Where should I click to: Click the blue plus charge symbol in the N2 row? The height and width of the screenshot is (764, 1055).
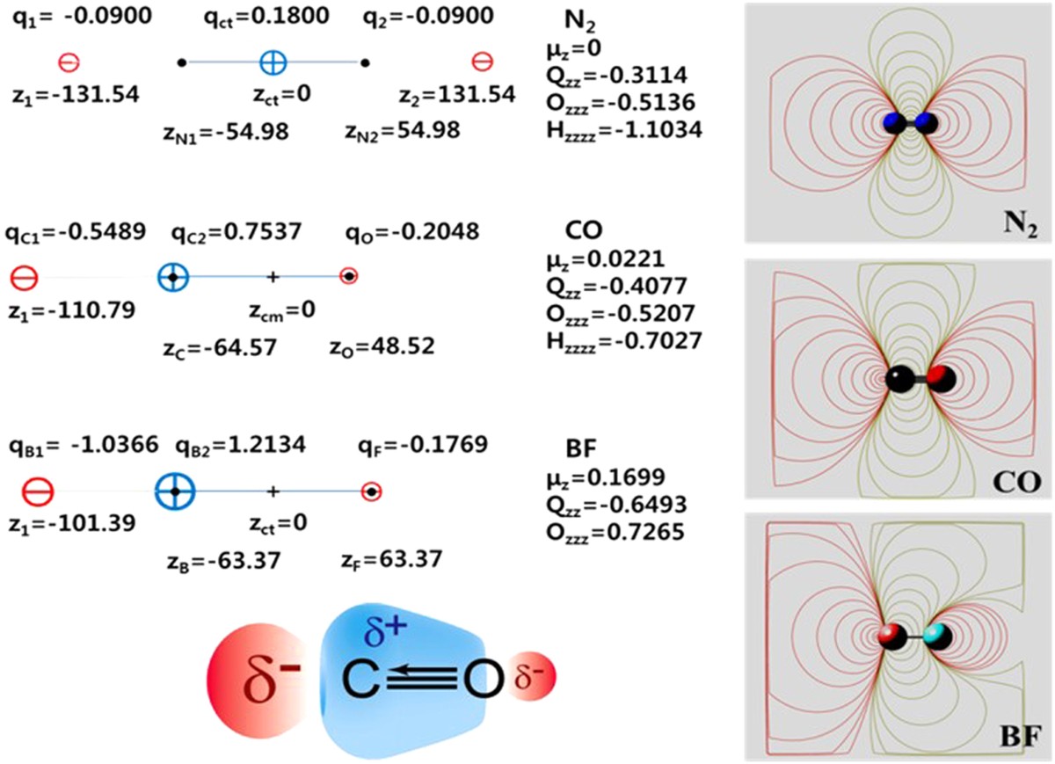pos(273,62)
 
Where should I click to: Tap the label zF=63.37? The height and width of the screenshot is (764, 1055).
pos(390,560)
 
